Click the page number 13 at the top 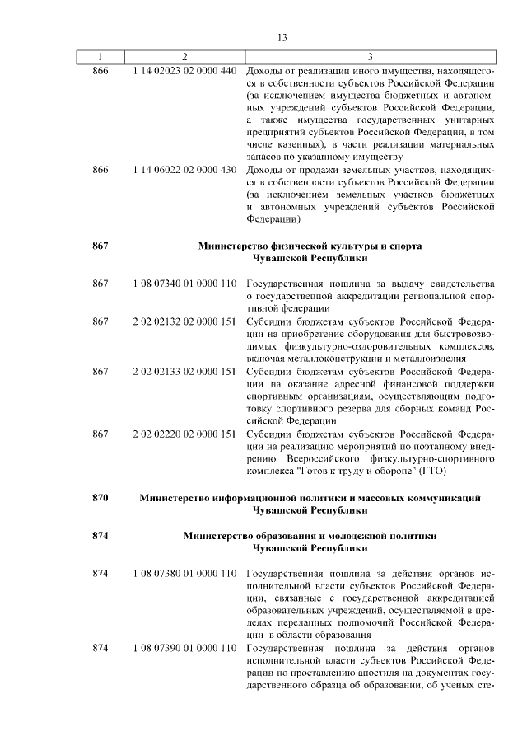[282, 38]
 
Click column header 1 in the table [100, 57]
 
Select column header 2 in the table [184, 57]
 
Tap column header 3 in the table [370, 57]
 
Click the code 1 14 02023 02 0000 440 [184, 71]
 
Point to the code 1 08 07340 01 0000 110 [184, 284]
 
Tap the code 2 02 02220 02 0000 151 [184, 434]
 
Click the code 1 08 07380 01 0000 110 [184, 573]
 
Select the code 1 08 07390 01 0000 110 [184, 648]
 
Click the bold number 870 [100, 498]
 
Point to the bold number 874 [100, 536]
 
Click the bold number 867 [100, 246]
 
